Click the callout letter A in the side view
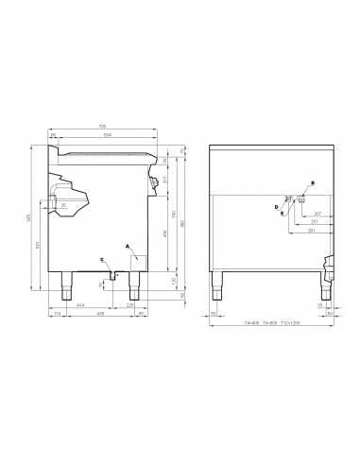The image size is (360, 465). [128, 244]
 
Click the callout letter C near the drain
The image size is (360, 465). [101, 259]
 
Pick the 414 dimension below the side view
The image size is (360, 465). [80, 304]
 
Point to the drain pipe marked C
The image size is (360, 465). [111, 273]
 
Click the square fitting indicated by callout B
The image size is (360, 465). [300, 200]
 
